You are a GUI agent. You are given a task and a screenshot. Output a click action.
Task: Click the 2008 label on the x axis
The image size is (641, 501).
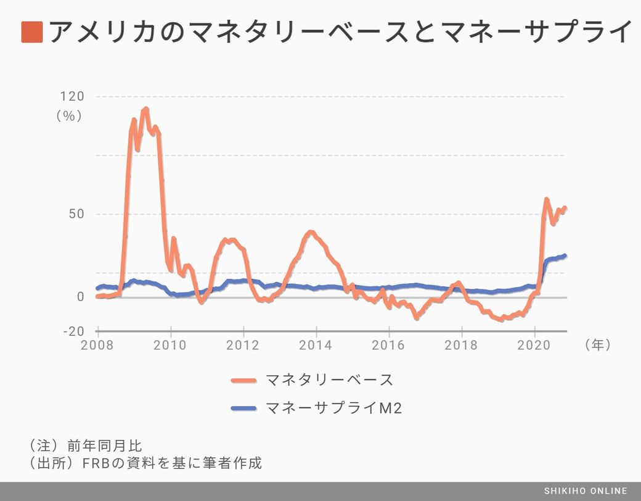click(x=97, y=345)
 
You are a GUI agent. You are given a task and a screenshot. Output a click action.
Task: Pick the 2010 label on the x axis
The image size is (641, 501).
click(x=170, y=345)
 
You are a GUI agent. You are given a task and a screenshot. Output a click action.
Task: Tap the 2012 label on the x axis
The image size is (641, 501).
click(x=243, y=345)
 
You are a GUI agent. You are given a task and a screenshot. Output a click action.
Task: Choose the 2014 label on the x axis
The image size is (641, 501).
click(x=316, y=345)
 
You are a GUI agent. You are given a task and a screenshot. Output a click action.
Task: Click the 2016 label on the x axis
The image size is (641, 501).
click(x=389, y=345)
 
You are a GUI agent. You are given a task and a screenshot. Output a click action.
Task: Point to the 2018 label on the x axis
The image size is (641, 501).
click(x=462, y=345)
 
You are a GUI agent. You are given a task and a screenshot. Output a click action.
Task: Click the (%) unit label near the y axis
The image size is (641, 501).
click(x=69, y=115)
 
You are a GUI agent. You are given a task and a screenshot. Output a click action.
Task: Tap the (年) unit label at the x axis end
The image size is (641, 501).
click(x=597, y=345)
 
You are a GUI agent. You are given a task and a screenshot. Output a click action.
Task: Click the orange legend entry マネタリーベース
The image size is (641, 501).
click(x=329, y=379)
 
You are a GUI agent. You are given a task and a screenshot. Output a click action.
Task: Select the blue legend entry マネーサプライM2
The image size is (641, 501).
click(x=333, y=408)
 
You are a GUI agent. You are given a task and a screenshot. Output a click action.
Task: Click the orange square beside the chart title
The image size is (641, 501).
click(x=31, y=32)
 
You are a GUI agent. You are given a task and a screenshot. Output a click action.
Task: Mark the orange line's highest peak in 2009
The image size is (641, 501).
click(x=145, y=110)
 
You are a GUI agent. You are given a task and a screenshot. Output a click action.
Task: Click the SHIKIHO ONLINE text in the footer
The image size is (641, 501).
click(x=586, y=491)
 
